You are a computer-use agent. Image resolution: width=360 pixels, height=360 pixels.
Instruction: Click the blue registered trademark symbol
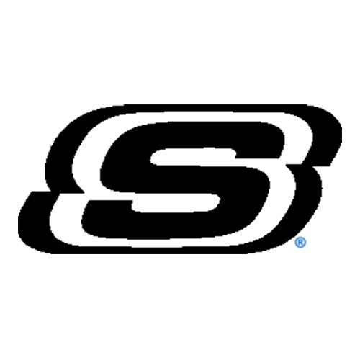click(x=300, y=242)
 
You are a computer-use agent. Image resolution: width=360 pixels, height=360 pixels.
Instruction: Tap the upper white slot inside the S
click(x=193, y=156)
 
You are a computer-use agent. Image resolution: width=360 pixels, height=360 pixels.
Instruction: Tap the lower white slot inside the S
click(x=176, y=203)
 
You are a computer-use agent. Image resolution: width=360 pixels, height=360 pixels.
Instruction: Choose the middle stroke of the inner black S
click(x=185, y=179)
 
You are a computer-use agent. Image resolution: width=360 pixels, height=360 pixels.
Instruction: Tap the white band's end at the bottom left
click(x=58, y=199)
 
